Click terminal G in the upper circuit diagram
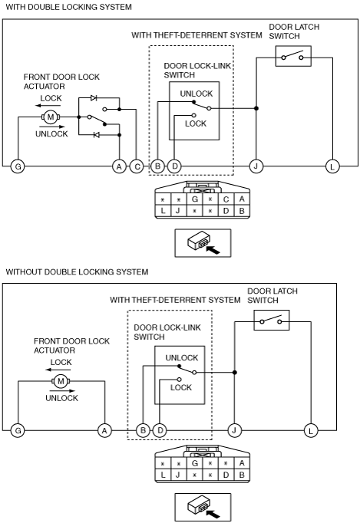(18, 166)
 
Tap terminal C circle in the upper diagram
(137, 166)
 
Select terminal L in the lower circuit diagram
(311, 431)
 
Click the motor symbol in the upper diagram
(51, 117)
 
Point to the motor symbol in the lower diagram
(61, 381)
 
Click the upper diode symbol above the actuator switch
(94, 98)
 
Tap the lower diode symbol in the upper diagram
(97, 135)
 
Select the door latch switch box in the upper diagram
(293, 56)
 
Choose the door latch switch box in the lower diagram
(272, 321)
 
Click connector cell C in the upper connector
(226, 199)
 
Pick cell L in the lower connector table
(163, 474)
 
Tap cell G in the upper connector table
(195, 199)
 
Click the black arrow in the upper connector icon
(213, 249)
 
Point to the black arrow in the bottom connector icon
(213, 514)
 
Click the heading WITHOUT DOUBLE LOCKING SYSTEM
(77, 271)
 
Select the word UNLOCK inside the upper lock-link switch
(197, 94)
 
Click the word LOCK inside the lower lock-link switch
(181, 387)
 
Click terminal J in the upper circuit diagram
(256, 166)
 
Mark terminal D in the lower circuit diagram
(160, 431)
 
